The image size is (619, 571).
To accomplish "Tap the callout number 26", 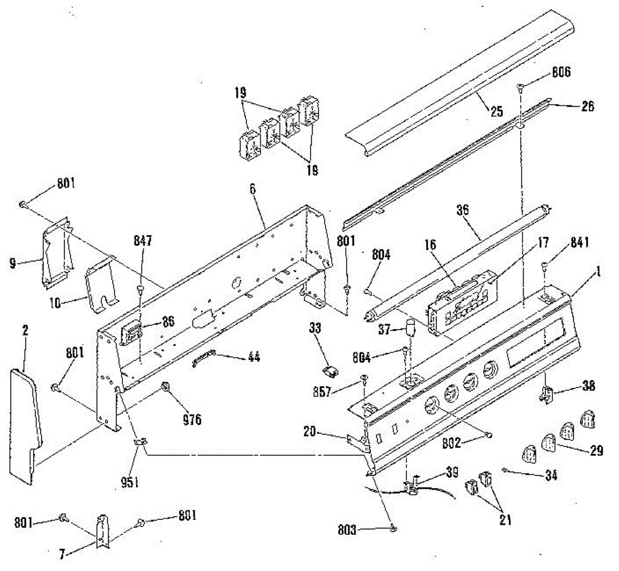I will (x=587, y=106).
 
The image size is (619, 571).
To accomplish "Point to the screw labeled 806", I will (x=520, y=89).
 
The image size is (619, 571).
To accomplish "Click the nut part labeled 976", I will (x=166, y=399).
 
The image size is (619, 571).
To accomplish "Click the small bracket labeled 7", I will (x=102, y=531).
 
